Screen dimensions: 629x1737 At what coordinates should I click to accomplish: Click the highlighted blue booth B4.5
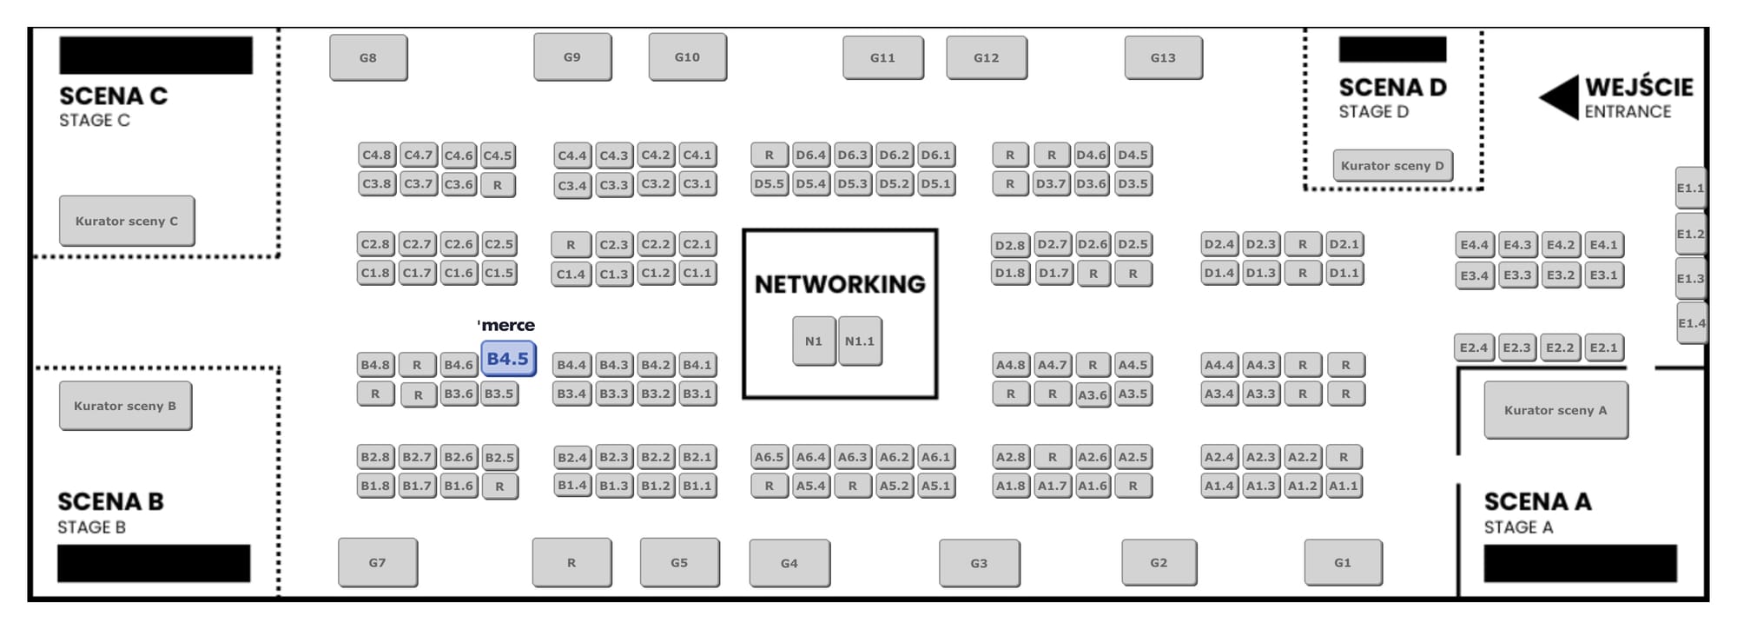click(x=508, y=359)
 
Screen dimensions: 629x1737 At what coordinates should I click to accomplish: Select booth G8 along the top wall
click(x=368, y=57)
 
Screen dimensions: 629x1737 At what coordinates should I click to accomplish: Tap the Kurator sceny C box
click(x=127, y=221)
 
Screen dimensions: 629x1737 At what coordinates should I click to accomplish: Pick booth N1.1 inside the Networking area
click(x=860, y=341)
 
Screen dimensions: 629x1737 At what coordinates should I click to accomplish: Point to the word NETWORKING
click(x=840, y=284)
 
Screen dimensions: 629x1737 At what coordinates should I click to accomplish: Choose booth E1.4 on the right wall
click(x=1691, y=323)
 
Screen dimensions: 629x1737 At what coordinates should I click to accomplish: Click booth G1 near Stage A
click(x=1343, y=562)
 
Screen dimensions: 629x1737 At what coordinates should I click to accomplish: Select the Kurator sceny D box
click(x=1392, y=165)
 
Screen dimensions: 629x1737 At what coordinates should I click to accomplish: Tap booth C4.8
click(x=376, y=155)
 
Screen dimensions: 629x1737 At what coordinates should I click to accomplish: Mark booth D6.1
click(x=935, y=155)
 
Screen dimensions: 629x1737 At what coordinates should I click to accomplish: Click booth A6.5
click(x=769, y=456)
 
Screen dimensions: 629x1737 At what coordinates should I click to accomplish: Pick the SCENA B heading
click(x=110, y=501)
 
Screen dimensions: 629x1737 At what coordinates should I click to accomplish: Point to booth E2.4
click(x=1474, y=348)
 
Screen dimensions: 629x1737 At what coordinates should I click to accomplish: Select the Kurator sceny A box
click(x=1555, y=410)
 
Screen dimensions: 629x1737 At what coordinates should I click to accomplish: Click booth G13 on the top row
click(x=1163, y=57)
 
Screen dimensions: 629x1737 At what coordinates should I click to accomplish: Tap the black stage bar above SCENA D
click(x=1392, y=49)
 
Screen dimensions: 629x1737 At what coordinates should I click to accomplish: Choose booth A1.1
click(x=1343, y=486)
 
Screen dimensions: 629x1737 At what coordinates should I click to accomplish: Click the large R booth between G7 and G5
click(x=571, y=562)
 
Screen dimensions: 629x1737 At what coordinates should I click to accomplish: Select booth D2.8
click(x=1010, y=245)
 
